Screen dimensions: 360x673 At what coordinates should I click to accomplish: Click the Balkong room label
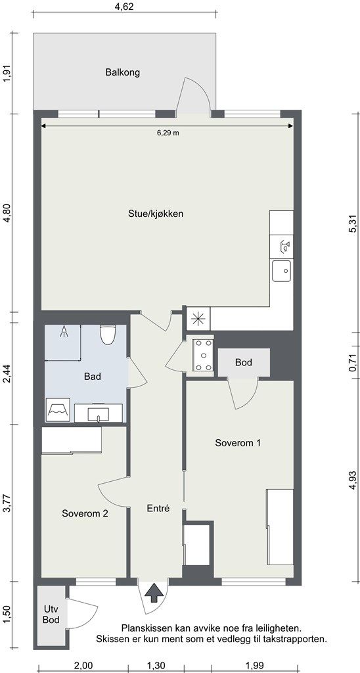(123, 72)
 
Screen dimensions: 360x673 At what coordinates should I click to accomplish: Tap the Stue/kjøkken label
(156, 214)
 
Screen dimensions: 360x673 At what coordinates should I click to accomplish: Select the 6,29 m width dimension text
(168, 133)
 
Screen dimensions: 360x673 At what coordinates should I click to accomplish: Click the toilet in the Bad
(107, 335)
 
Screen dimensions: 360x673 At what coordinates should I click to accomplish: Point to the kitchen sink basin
(281, 271)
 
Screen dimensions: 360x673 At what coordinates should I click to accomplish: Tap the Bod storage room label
(243, 363)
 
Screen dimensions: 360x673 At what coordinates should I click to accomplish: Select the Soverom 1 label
(238, 443)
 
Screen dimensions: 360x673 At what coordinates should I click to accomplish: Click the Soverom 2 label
(85, 513)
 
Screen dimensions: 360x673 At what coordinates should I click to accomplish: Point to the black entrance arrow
(154, 593)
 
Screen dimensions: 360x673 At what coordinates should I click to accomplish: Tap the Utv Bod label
(51, 615)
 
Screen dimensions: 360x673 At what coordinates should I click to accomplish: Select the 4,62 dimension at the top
(125, 6)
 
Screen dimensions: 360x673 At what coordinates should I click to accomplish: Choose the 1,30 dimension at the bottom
(156, 666)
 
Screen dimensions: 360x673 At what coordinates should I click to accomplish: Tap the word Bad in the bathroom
(93, 377)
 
